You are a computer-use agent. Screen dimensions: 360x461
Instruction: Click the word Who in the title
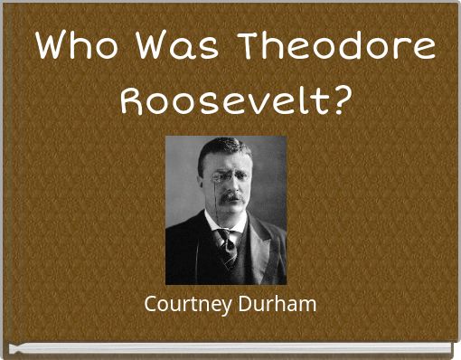(74, 44)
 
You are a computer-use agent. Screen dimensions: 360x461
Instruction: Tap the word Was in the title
(178, 44)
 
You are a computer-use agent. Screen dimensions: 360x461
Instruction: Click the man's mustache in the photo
(230, 194)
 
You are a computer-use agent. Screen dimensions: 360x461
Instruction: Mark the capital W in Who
(53, 44)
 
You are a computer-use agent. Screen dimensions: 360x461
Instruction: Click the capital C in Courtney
(150, 304)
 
